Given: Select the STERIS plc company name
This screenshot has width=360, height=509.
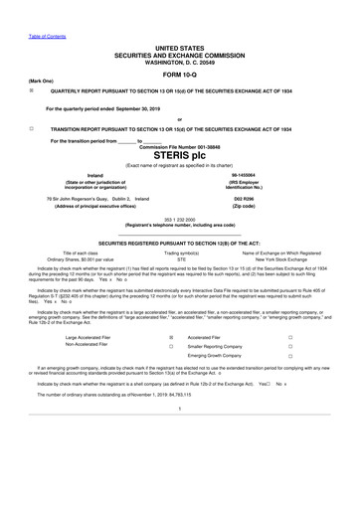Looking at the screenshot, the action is [x=180, y=155].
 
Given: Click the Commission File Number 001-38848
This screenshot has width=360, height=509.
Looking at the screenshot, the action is [x=179, y=145].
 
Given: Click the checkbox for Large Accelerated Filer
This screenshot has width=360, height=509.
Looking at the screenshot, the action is [x=171, y=366].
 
